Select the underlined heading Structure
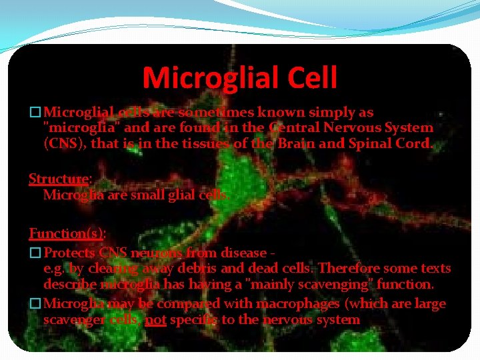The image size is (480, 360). (59, 179)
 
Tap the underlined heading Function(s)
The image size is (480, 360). (66, 233)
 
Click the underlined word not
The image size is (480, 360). (155, 319)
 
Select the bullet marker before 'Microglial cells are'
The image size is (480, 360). (35, 113)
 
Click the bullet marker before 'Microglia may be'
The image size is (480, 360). (35, 304)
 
